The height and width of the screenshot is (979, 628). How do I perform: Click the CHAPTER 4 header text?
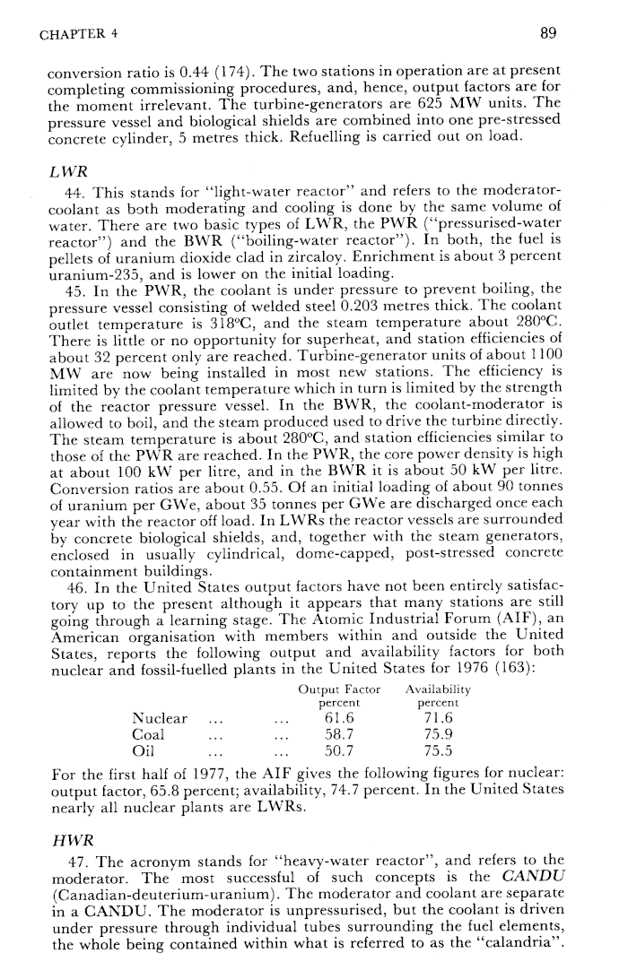coord(80,35)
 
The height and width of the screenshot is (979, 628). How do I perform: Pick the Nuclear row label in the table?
coord(160,718)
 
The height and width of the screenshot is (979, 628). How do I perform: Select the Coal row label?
coord(149,733)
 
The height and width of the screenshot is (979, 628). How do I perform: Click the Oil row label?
coord(144,749)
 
